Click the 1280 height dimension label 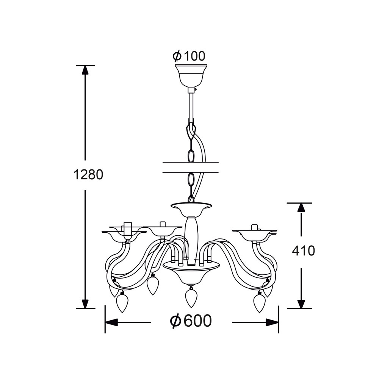click(88, 174)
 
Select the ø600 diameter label click(191, 321)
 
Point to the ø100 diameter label click(189, 56)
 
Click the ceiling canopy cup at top click(191, 76)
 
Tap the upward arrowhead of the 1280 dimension click(85, 70)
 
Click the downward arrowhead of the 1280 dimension click(85, 304)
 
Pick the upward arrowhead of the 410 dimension click(301, 208)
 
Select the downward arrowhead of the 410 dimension click(301, 304)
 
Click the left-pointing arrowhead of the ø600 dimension click(111, 322)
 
